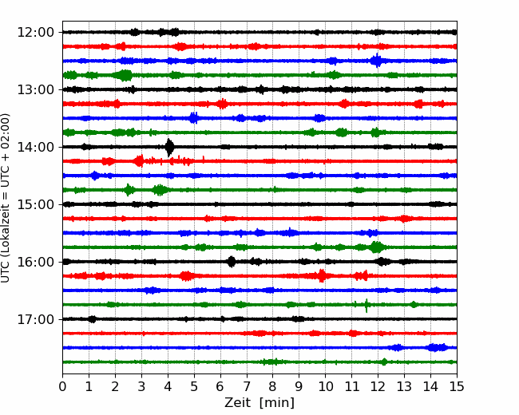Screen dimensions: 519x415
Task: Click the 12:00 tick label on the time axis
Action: pos(35,33)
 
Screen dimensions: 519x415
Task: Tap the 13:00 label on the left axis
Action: pos(35,89)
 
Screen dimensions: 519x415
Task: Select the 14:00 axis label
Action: pos(35,147)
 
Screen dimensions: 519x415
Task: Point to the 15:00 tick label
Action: pos(35,204)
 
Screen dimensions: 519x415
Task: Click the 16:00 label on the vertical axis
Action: pos(35,262)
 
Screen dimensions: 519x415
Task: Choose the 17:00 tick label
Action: pos(35,319)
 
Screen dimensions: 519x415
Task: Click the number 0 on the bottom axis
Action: pos(62,386)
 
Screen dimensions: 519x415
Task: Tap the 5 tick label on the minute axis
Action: pos(194,386)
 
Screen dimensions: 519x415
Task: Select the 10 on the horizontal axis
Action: pos(325,386)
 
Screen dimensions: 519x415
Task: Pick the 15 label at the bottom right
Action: pos(457,386)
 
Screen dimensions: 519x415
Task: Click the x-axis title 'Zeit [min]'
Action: pos(259,403)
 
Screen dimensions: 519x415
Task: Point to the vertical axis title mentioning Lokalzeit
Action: pos(6,198)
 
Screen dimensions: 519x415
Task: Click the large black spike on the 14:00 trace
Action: pos(169,148)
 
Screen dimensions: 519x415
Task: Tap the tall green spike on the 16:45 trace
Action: pos(366,305)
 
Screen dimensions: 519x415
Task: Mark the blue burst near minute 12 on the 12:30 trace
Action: pos(376,61)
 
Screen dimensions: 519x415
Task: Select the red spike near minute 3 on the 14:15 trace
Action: pos(140,161)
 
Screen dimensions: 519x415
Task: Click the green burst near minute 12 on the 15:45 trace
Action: pos(376,247)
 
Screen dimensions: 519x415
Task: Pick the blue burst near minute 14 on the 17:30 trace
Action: pos(438,347)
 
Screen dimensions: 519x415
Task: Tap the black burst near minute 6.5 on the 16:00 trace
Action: pos(232,262)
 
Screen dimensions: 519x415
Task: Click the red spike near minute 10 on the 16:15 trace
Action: pos(322,275)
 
